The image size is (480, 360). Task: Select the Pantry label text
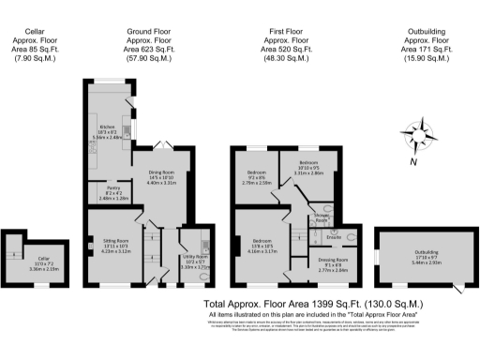pos(110,192)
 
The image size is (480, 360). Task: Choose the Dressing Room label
pos(334,264)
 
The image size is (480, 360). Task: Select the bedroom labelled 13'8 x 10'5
pos(262,247)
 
